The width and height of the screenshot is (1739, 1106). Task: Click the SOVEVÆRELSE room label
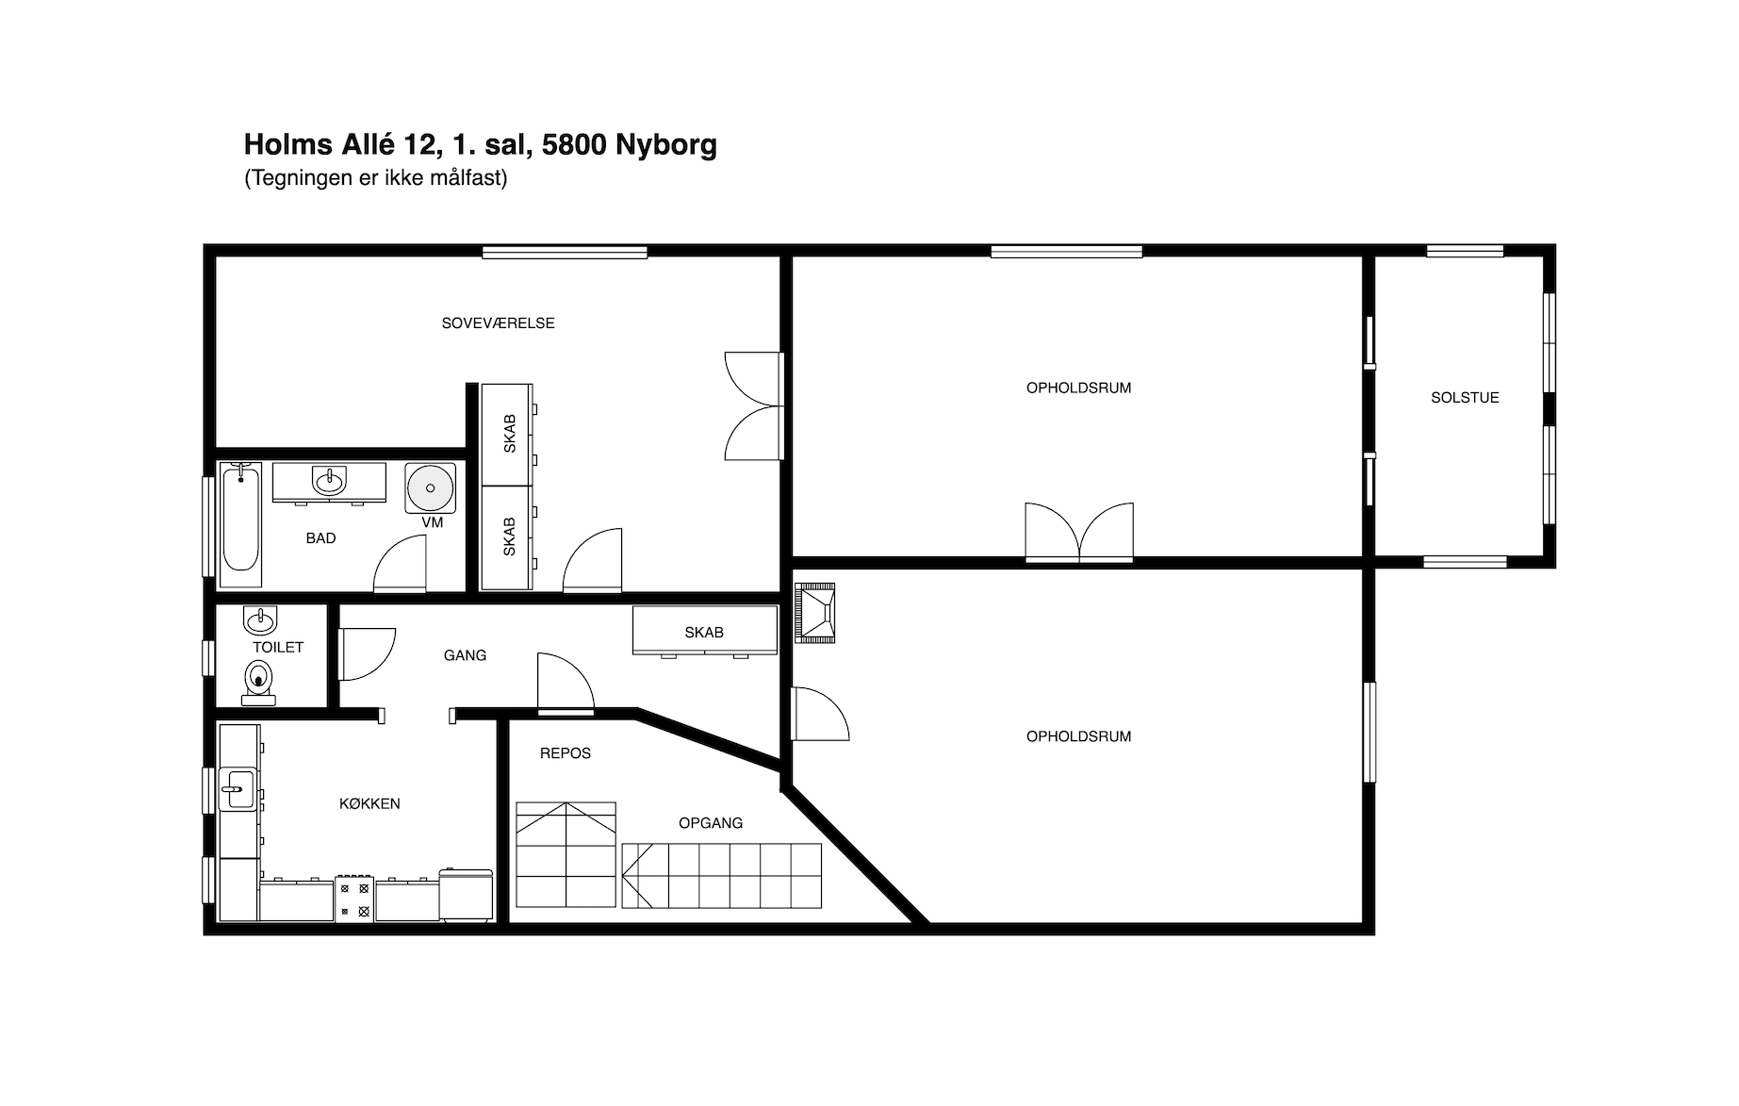click(x=498, y=323)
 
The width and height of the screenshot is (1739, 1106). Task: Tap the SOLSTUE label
click(x=1465, y=398)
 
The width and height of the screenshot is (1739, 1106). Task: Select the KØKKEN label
click(x=369, y=804)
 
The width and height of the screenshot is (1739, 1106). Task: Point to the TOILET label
click(x=278, y=648)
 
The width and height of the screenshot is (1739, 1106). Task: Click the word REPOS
click(x=566, y=753)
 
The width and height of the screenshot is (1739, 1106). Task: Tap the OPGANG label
click(x=711, y=823)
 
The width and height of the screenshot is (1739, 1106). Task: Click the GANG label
click(x=465, y=655)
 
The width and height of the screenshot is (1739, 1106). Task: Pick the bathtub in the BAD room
click(x=241, y=517)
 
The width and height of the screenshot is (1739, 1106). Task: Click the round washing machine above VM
click(x=430, y=488)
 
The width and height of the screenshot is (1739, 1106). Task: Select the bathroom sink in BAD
click(x=329, y=481)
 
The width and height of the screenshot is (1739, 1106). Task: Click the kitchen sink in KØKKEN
click(x=237, y=788)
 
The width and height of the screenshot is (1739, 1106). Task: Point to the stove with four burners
click(x=354, y=900)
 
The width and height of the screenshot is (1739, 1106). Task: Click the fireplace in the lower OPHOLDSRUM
click(x=815, y=613)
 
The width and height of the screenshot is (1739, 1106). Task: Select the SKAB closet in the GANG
click(x=704, y=630)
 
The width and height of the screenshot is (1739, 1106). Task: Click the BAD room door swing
click(x=400, y=564)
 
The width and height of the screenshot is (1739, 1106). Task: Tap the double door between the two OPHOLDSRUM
click(x=1079, y=533)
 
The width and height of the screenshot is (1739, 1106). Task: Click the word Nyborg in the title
click(x=666, y=144)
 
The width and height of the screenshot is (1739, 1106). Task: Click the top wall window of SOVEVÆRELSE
click(x=565, y=252)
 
